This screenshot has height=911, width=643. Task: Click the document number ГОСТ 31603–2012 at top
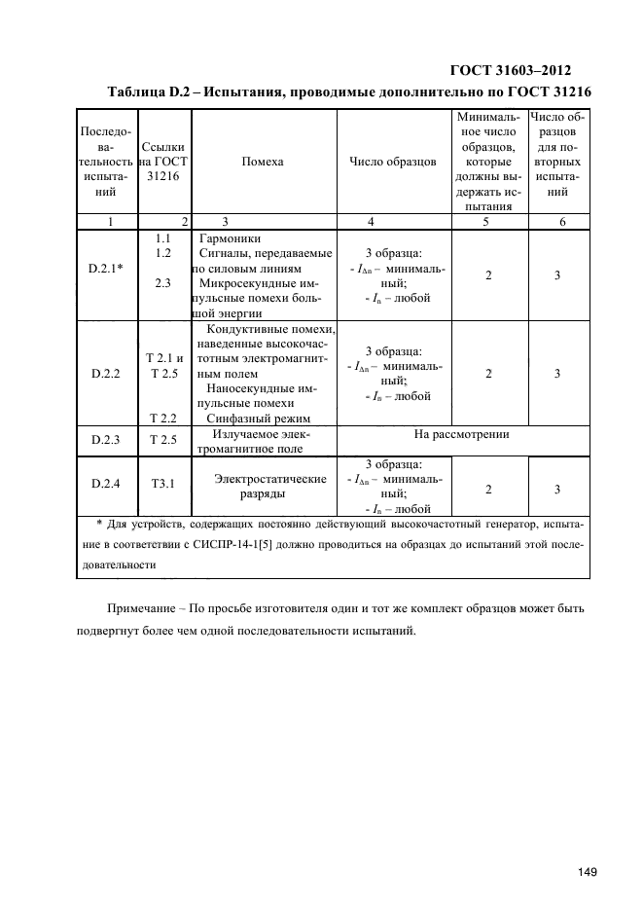pyautogui.click(x=510, y=70)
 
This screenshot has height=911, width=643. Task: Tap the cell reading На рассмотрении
pyautogui.click(x=462, y=434)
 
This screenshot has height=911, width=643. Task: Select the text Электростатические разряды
pyautogui.click(x=269, y=486)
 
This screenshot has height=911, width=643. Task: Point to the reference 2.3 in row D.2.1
pyautogui.click(x=163, y=284)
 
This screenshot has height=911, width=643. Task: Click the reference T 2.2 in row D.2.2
pyautogui.click(x=162, y=418)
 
